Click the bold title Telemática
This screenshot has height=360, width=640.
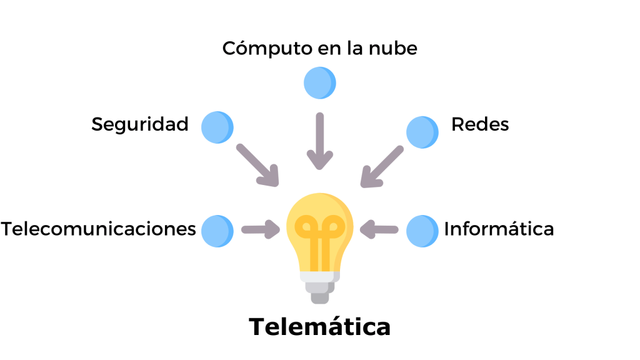[x=320, y=327]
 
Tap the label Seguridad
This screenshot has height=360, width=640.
[x=140, y=124]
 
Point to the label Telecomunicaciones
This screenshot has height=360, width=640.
[x=99, y=229]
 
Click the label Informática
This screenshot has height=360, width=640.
[x=499, y=229]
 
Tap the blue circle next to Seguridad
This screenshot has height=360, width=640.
[x=217, y=127]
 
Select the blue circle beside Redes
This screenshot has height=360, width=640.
[x=422, y=132]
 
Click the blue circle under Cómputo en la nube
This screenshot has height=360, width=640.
[x=319, y=82]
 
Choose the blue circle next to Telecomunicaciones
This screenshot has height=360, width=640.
[x=217, y=231]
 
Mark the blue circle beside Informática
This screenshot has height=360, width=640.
[x=422, y=231]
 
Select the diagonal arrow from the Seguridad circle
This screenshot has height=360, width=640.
[x=257, y=165]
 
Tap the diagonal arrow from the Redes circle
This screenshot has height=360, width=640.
[x=382, y=167]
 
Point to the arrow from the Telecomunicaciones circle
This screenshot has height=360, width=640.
[x=261, y=230]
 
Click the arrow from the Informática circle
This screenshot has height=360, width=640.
[x=379, y=229]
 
